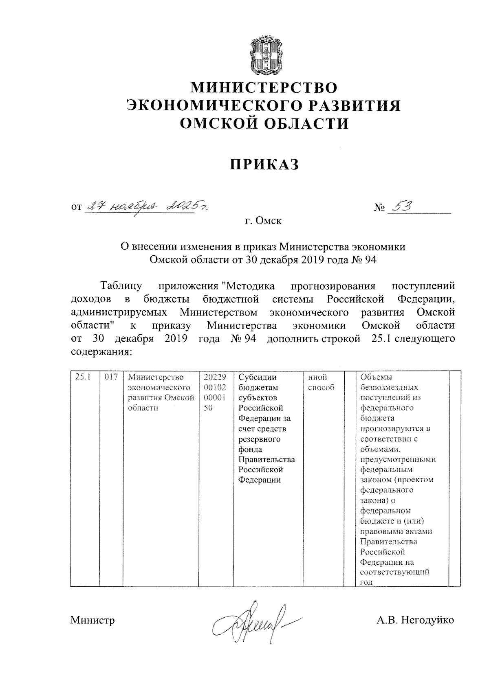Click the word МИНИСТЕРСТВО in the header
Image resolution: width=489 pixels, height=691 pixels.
[264, 88]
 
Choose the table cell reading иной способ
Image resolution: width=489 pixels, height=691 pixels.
[321, 382]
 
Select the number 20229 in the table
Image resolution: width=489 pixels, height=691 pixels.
[215, 377]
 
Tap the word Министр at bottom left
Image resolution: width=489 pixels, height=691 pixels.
[93, 620]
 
